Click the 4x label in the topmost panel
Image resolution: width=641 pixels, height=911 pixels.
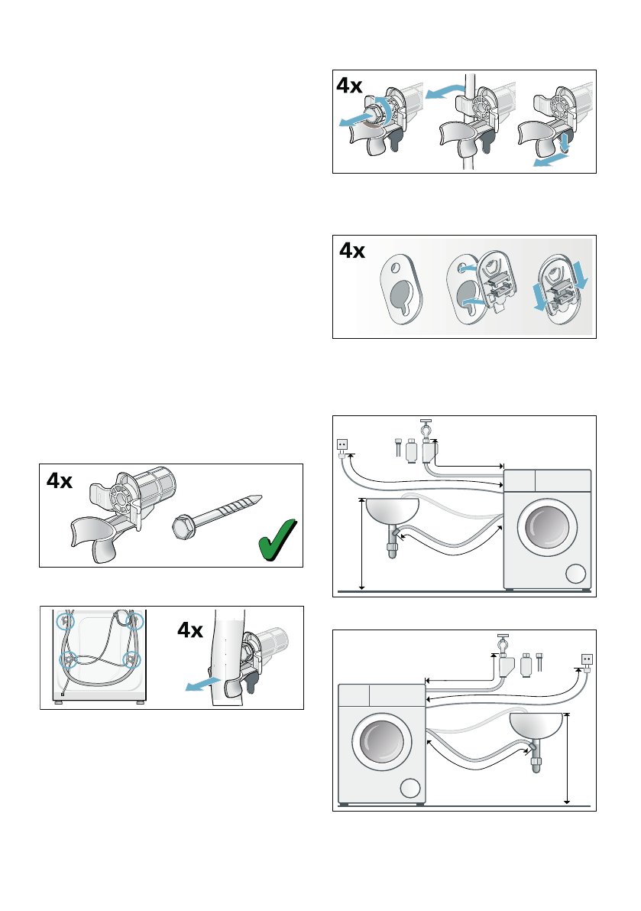point(349,86)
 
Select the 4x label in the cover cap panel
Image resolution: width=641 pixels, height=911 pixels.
point(352,250)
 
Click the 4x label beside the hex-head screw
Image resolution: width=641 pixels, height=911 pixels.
point(59,480)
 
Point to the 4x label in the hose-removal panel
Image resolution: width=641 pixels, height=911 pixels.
point(190,630)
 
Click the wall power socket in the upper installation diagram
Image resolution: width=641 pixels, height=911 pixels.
point(343,445)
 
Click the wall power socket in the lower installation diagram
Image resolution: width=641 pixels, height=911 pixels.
point(587,659)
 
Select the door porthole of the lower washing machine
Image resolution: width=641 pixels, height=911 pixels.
point(382,743)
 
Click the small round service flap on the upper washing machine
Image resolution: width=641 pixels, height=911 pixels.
point(575,574)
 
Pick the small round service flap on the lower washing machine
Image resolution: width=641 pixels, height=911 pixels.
point(410,789)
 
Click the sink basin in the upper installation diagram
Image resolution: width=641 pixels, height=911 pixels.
point(392,511)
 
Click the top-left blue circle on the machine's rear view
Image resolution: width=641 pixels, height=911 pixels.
point(66,621)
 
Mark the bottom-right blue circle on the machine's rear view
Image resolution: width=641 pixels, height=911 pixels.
point(133,660)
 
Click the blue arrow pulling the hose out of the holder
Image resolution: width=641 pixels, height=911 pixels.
point(202,685)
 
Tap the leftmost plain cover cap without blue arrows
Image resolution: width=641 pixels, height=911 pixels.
point(401,291)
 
